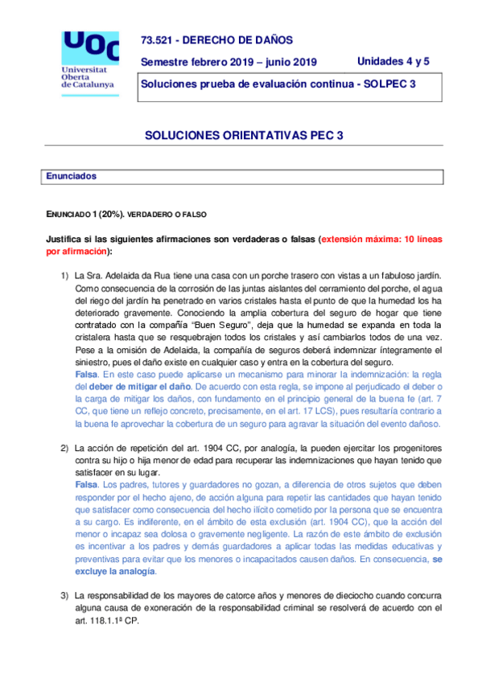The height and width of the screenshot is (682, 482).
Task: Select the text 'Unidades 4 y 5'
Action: pyautogui.click(x=393, y=61)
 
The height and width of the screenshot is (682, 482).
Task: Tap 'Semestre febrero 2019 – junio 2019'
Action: pyautogui.click(x=229, y=62)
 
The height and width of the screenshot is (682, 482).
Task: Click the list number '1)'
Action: pyautogui.click(x=65, y=276)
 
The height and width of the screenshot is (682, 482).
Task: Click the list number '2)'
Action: pyautogui.click(x=65, y=446)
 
